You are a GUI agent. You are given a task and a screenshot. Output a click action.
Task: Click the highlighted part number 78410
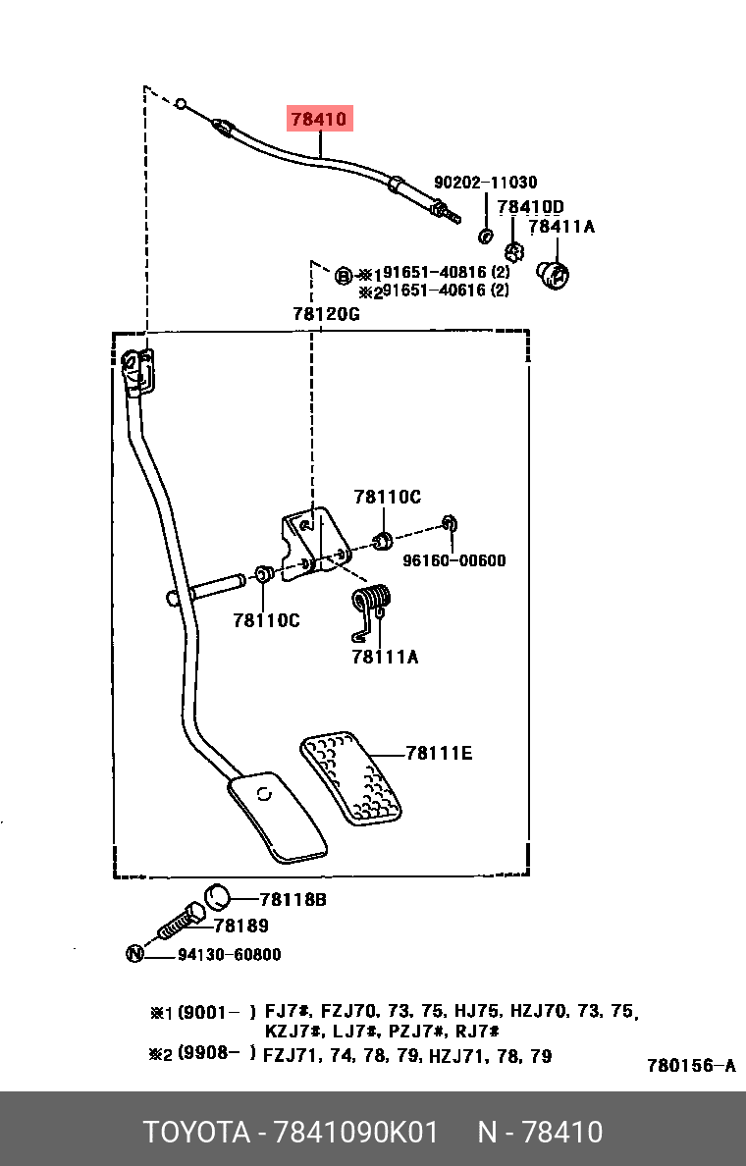tap(319, 119)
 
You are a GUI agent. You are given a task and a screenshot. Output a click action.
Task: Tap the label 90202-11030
tap(485, 183)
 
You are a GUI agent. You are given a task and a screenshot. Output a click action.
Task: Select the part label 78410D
tap(530, 207)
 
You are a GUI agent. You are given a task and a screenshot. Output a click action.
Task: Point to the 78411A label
tap(561, 227)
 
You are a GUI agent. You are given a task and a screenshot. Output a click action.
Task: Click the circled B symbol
tap(343, 276)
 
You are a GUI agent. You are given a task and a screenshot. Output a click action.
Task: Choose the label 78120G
tap(326, 314)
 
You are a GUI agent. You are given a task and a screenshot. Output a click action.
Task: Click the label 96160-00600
tap(453, 560)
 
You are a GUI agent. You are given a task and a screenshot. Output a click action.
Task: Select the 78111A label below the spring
tap(385, 657)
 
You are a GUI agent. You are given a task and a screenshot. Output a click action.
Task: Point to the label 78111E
tap(439, 754)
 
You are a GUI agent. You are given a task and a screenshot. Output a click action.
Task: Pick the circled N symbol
tap(134, 953)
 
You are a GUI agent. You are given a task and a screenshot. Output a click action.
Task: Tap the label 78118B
tap(293, 900)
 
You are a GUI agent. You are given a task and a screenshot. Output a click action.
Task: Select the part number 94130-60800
tap(229, 954)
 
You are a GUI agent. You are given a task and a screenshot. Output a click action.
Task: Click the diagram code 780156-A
tap(691, 1066)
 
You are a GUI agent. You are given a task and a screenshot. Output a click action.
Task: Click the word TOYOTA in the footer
tap(196, 1132)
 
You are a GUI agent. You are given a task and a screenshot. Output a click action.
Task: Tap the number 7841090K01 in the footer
tap(356, 1132)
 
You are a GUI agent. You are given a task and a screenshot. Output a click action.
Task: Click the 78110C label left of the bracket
tap(266, 620)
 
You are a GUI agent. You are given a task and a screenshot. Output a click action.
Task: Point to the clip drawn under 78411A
tap(553, 275)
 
